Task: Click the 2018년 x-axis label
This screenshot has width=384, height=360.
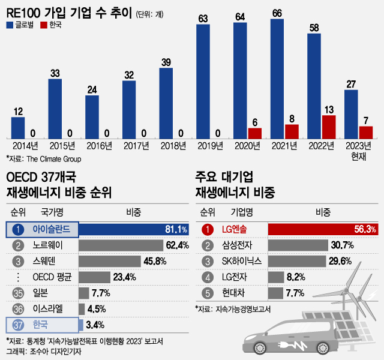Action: [x=166, y=146]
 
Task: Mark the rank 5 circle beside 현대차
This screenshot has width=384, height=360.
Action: [x=206, y=293]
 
